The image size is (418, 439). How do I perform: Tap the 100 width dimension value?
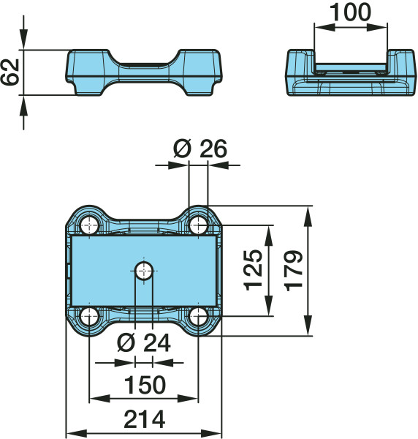(351, 12)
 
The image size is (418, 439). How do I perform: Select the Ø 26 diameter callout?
(200, 149)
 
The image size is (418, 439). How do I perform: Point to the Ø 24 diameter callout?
(144, 342)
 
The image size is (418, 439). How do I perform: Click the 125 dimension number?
(254, 270)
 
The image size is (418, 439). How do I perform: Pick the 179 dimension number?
(294, 271)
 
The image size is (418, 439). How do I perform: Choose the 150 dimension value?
(145, 385)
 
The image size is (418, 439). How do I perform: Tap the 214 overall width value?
(144, 419)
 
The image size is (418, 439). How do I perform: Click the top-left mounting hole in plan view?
(89, 225)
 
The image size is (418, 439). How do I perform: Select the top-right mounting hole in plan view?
(198, 225)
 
